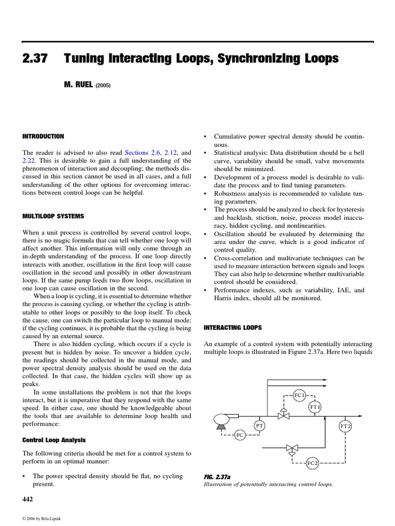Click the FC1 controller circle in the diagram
[299, 395]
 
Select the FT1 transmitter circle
[315, 407]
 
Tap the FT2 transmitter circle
[345, 426]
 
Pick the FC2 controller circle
[313, 463]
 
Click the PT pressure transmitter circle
[260, 426]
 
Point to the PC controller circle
[240, 436]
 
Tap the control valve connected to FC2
[292, 448]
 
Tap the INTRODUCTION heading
[43, 137]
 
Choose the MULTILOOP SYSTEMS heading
[53, 216]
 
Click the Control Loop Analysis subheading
[54, 440]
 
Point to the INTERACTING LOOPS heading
[233, 327]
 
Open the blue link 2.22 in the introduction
[29, 160]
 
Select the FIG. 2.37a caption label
[217, 477]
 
